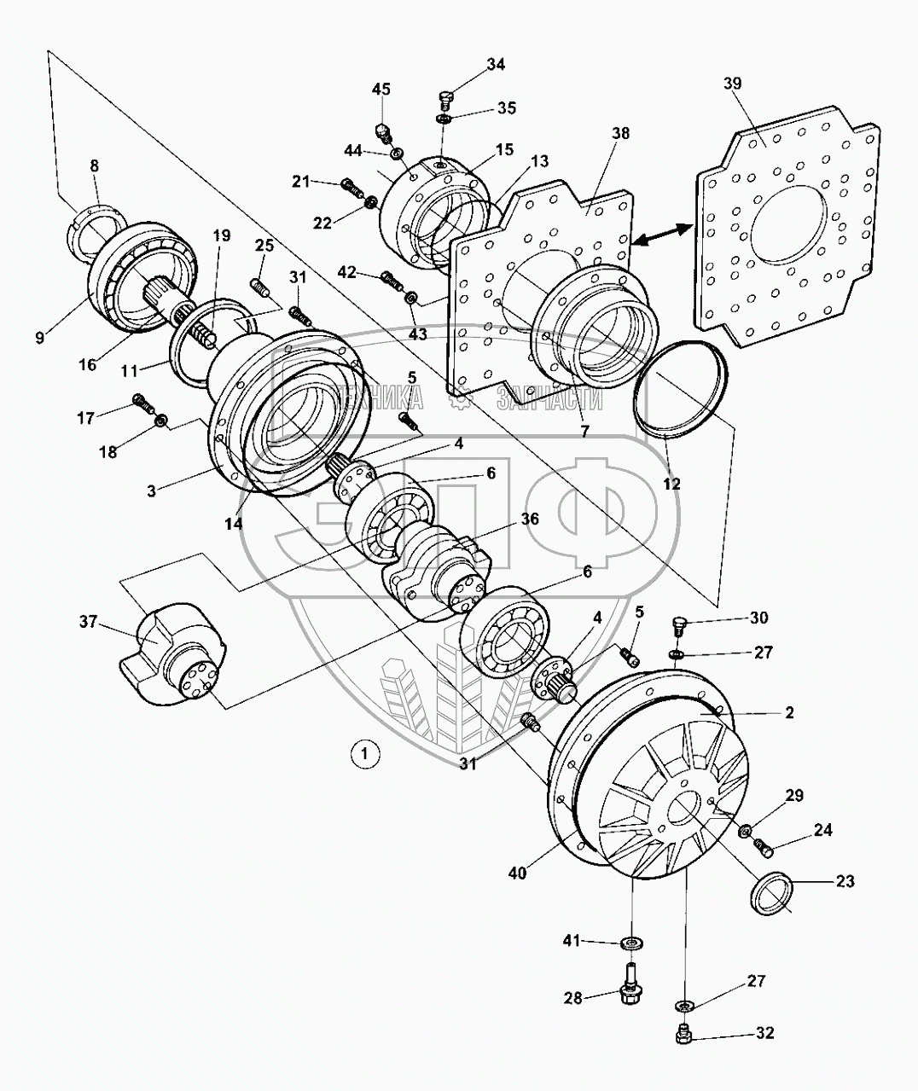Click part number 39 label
[x=732, y=84]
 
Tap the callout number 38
[x=620, y=134]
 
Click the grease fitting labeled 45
[x=384, y=131]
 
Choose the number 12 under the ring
[x=671, y=484]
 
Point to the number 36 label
[x=530, y=518]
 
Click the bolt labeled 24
[x=765, y=847]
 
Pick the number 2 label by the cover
[x=789, y=711]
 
